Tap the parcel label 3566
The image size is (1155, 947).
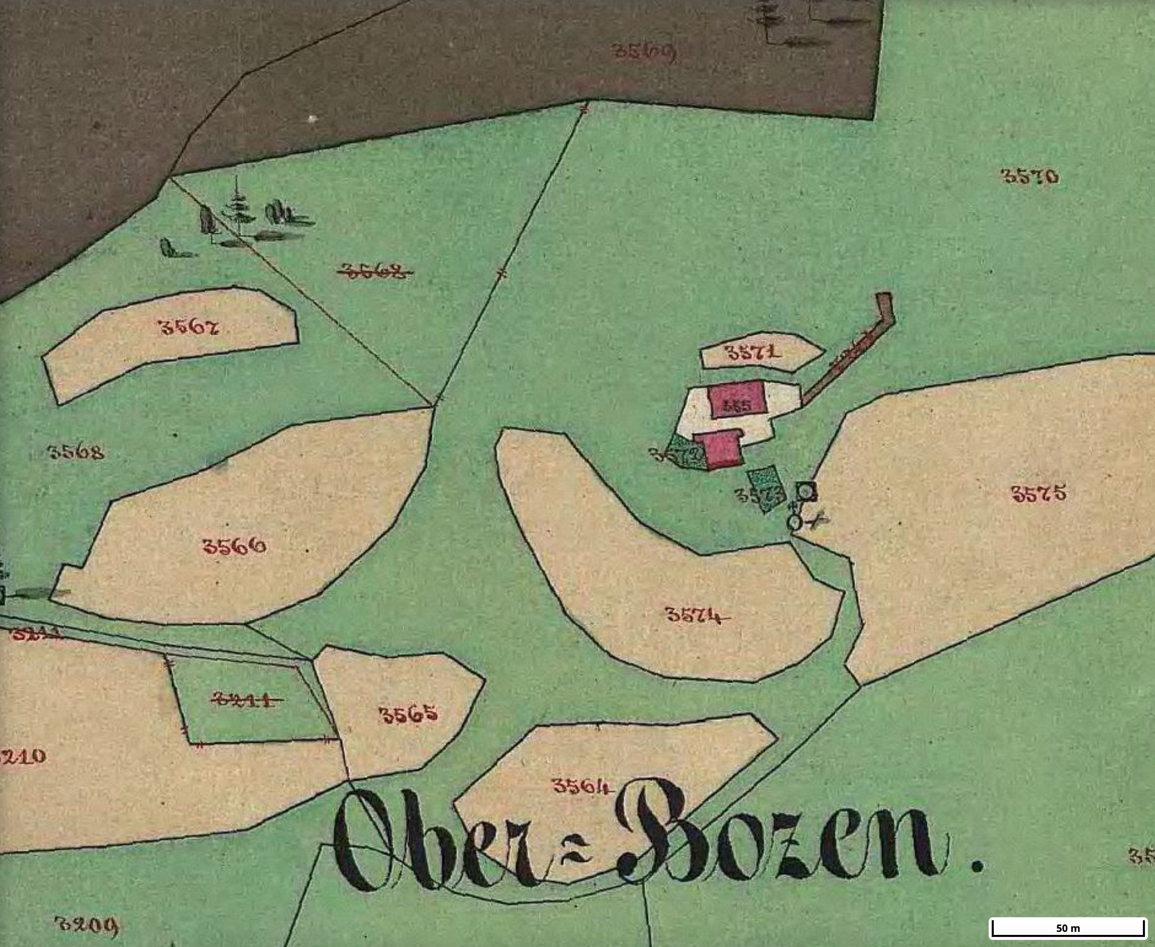234,546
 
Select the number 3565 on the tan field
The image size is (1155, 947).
408,714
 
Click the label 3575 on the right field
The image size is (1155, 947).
1039,493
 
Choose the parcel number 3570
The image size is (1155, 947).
1030,176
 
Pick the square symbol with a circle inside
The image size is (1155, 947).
806,492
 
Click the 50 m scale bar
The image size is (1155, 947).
1067,927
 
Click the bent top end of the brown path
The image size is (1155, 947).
885,308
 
